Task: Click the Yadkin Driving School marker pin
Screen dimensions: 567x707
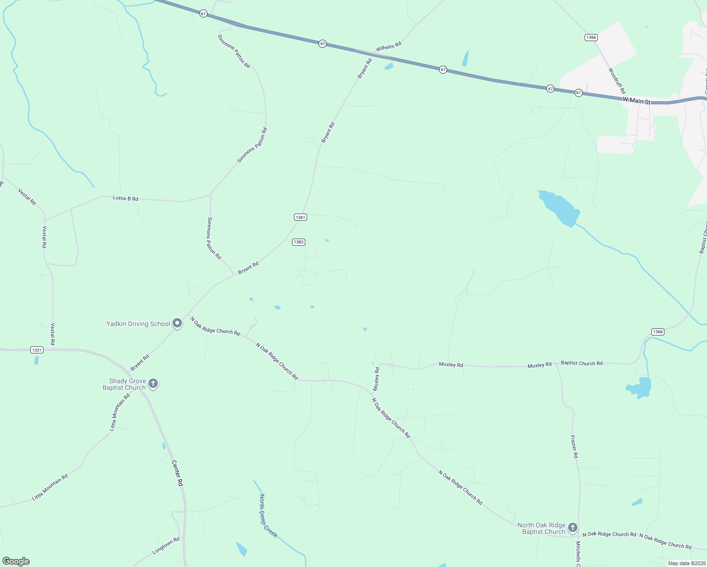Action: pos(177,323)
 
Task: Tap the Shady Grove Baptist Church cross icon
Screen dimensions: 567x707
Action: pos(153,383)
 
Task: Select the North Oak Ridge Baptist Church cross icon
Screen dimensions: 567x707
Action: pos(572,527)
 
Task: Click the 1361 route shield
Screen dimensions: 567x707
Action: pos(301,217)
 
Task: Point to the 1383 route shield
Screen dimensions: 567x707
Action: pos(298,242)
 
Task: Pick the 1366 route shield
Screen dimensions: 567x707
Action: pos(591,37)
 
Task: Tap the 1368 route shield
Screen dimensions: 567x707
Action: pos(658,332)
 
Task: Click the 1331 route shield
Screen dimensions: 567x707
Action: pos(36,350)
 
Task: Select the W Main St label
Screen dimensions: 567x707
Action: pos(636,101)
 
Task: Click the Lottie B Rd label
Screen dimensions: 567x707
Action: pos(126,198)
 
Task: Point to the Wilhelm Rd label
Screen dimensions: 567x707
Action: pos(388,46)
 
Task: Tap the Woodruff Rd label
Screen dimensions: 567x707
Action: pos(617,81)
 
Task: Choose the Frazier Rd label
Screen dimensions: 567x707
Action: pos(574,447)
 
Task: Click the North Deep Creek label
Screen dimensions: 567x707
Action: pos(267,515)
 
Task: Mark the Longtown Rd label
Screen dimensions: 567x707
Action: pos(166,545)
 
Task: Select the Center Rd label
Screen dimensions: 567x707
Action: pos(177,473)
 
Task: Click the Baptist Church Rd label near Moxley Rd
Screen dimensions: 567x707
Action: pos(581,363)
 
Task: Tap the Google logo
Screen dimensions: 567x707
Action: pos(16,561)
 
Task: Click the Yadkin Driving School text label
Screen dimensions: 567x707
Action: pos(138,324)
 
